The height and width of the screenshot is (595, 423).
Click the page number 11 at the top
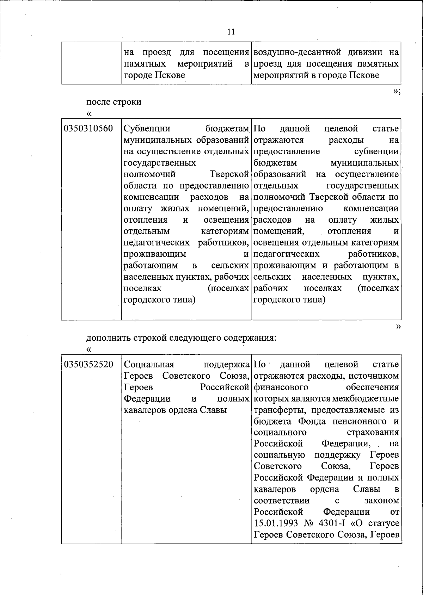231,32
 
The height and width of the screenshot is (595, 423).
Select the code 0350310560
88,129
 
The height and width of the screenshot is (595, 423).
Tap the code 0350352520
88,364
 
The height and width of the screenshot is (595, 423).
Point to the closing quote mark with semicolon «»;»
396,92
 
